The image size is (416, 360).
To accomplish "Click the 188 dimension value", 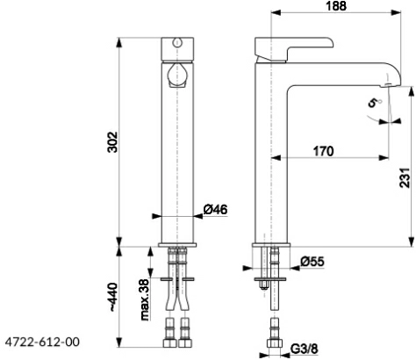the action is (336, 6).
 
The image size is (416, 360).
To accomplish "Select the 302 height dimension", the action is (112, 142).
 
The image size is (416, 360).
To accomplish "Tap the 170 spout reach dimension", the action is (323, 151).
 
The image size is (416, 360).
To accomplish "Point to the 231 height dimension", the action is (405, 177).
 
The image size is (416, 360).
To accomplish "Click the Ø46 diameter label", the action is (215, 210).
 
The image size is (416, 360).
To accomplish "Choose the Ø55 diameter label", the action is (312, 261).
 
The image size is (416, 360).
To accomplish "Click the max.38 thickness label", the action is (145, 299).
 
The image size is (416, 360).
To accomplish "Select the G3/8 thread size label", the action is (305, 349).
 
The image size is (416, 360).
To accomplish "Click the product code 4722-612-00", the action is (42, 342).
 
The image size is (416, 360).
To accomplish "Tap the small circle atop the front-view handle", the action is (177, 42).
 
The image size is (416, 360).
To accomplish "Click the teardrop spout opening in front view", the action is (176, 75).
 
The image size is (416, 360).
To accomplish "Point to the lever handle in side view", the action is (293, 49).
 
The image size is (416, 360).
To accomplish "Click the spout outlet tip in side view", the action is (390, 85).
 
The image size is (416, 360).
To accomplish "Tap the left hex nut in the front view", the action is (170, 343).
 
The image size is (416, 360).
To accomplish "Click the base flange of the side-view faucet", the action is (271, 245).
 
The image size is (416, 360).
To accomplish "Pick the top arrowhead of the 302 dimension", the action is (118, 42).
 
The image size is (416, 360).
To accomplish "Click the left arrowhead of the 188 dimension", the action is (276, 12).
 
